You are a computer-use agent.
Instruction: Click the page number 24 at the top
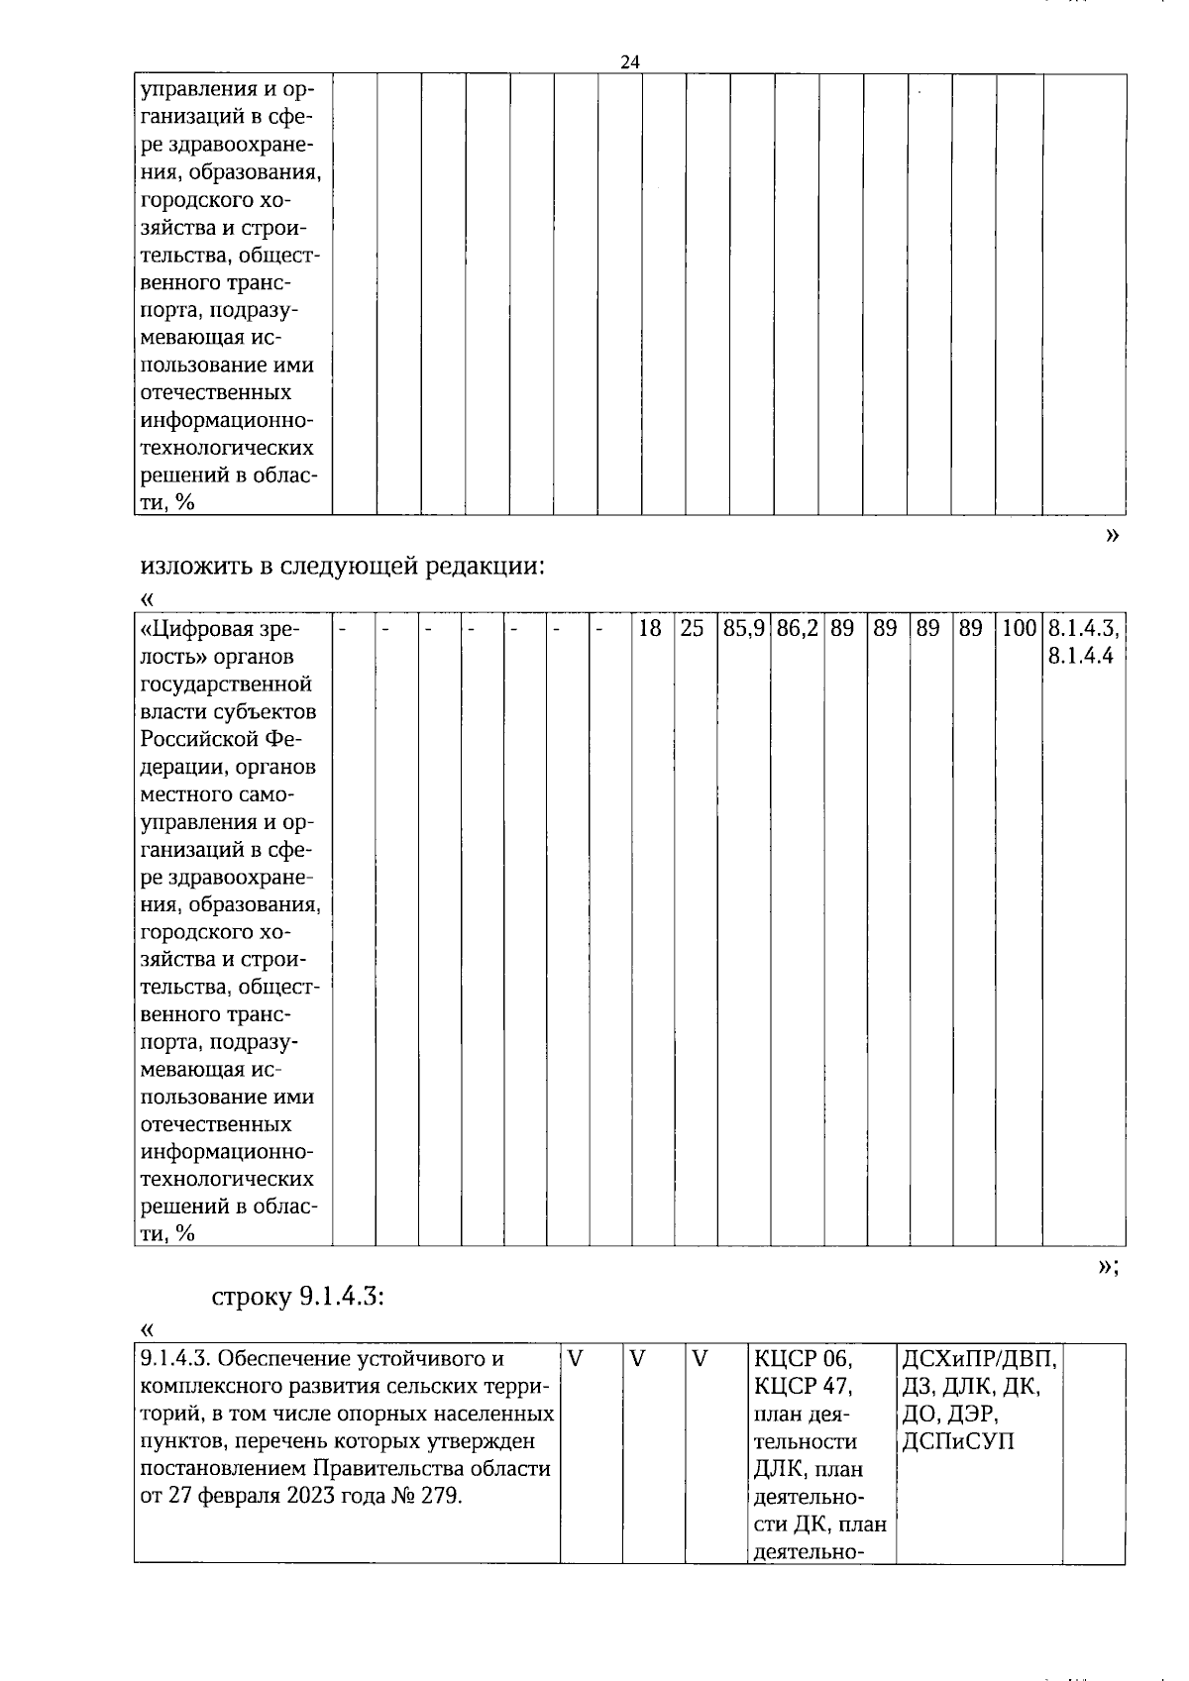coord(630,61)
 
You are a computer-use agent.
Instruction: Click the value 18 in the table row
coord(650,628)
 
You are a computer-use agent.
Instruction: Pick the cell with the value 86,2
coord(797,628)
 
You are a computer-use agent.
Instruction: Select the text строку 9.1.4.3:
coord(298,1298)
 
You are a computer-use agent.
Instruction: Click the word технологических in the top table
coord(227,448)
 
